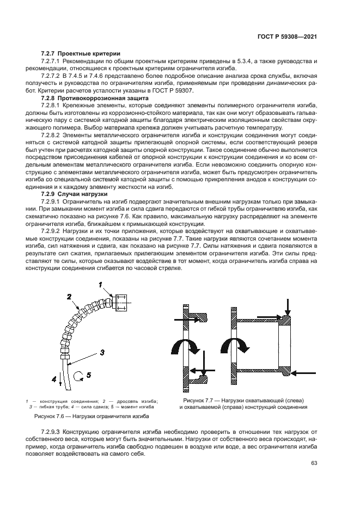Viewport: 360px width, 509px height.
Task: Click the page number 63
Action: [314, 463]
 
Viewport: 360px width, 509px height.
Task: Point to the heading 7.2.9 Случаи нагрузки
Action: [75, 194]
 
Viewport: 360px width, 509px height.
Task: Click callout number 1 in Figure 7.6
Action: [100, 284]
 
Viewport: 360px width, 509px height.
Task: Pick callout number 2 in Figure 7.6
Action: [69, 297]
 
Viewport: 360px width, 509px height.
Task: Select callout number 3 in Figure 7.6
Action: [101, 353]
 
